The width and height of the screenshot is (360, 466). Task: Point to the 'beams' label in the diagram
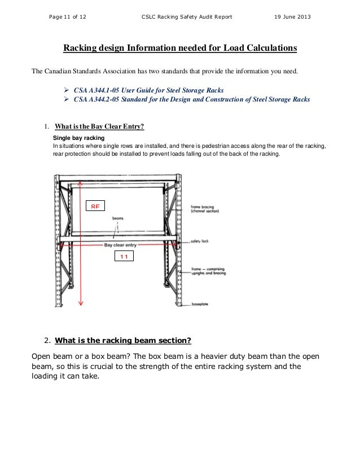point(118,218)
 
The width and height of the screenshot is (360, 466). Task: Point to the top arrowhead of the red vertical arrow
point(81,183)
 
